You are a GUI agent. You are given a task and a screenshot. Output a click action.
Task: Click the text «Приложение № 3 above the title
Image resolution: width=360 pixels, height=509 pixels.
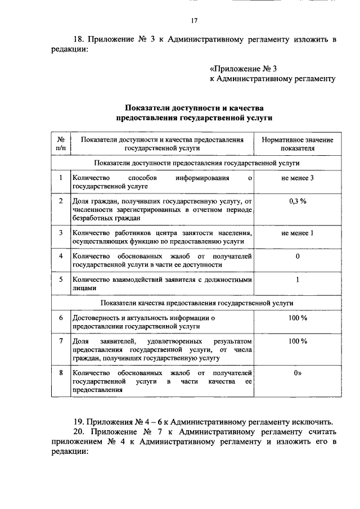point(244,69)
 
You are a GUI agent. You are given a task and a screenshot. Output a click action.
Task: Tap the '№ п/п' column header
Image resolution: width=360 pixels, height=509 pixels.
point(61,144)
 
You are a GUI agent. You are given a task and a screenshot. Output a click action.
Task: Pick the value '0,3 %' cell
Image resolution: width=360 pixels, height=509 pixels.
point(297,201)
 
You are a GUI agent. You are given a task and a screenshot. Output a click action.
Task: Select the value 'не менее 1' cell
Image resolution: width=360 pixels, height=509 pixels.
point(297,233)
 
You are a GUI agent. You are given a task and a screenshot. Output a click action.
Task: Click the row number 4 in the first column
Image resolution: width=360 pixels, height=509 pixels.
point(61,256)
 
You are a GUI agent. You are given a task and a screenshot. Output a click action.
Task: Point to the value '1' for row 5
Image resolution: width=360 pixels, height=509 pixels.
point(297,279)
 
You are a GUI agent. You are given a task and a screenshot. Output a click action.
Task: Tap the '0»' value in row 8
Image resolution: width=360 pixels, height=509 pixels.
point(297,372)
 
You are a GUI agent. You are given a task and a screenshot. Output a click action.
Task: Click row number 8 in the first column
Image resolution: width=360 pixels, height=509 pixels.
point(61,372)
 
